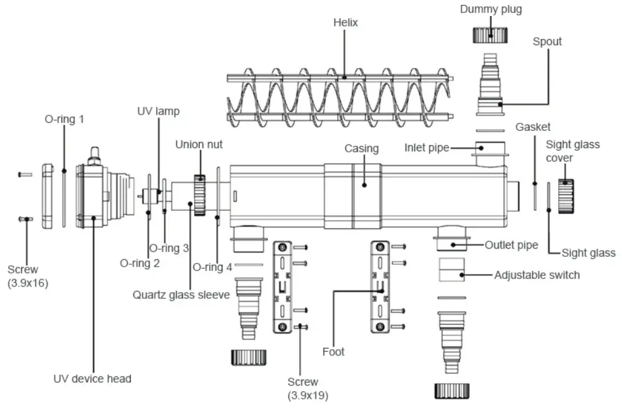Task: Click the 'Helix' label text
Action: point(346,23)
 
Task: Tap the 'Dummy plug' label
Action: point(491,9)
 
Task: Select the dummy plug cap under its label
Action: point(491,34)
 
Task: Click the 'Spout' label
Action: point(547,42)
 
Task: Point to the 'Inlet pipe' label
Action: point(427,148)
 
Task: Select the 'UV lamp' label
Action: point(158,112)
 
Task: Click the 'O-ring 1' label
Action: point(63,118)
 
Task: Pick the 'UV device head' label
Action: point(93,378)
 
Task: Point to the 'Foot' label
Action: point(333,352)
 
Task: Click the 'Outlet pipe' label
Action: point(511,245)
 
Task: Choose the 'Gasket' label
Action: point(533,127)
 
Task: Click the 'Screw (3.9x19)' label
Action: point(303,388)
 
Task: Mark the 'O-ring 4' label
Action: point(212,267)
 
